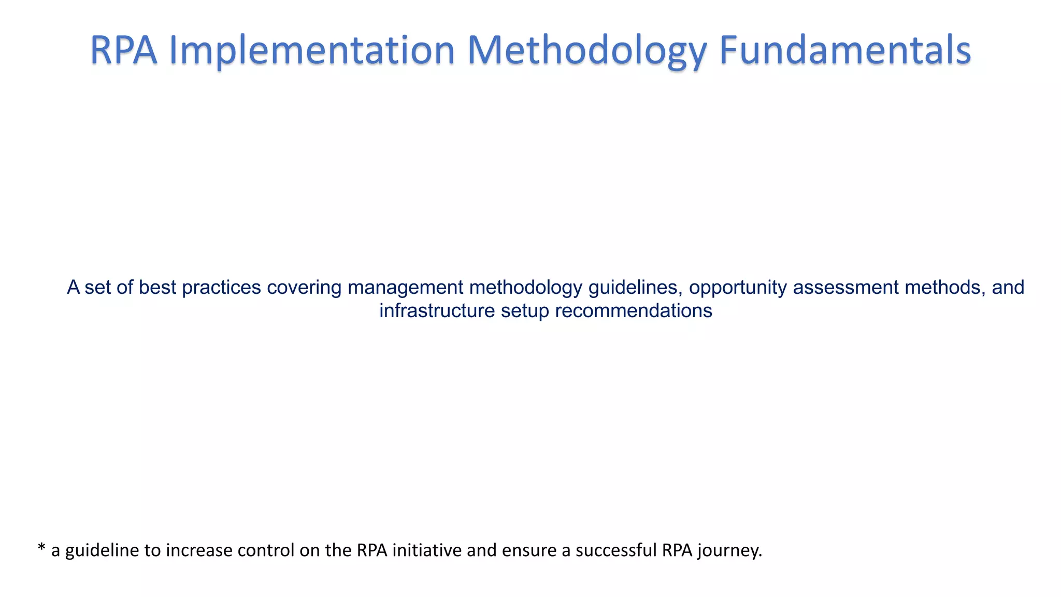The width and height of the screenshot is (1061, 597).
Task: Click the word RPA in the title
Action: [x=123, y=50]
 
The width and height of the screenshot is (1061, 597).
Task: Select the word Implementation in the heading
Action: [x=312, y=50]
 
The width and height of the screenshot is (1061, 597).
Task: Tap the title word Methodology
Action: [x=587, y=50]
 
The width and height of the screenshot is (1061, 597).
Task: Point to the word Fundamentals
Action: [x=845, y=50]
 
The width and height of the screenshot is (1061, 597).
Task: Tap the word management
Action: [x=405, y=287]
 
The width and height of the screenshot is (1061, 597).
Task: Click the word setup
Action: [x=525, y=311]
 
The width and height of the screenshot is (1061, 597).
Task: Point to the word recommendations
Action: [x=634, y=311]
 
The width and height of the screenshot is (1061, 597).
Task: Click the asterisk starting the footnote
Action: [x=42, y=548]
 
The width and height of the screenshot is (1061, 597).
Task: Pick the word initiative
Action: [x=427, y=550]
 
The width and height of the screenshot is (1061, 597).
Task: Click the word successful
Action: [x=616, y=550]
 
